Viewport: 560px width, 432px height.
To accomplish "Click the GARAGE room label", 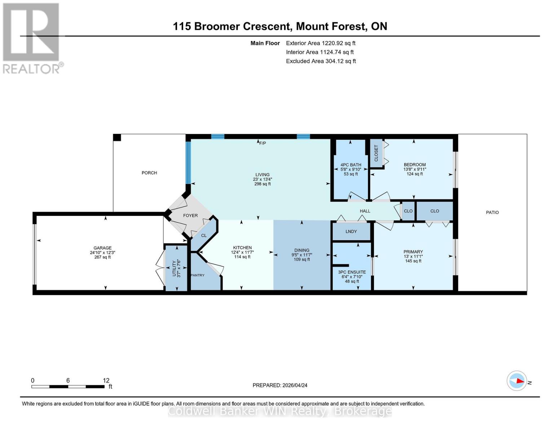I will click(102, 248).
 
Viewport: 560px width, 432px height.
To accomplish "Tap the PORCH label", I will click(149, 173).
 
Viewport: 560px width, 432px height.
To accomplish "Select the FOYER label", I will click(190, 215).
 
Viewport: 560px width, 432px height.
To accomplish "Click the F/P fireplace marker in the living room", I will click(263, 143).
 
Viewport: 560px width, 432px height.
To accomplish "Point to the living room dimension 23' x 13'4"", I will click(263, 179).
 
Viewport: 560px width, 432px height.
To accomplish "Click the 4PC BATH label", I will click(351, 165).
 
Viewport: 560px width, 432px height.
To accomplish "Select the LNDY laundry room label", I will click(351, 231).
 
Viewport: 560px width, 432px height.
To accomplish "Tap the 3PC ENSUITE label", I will click(352, 272).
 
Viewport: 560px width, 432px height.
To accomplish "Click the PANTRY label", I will click(197, 275).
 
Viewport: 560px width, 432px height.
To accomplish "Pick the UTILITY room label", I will click(174, 268).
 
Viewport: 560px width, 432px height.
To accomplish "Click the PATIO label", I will click(492, 212).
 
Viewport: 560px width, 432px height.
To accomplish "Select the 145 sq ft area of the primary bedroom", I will click(413, 261).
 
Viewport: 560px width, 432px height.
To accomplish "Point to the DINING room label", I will click(302, 250).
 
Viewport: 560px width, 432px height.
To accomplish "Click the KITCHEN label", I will click(242, 248).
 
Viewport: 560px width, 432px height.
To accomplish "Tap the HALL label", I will click(365, 211).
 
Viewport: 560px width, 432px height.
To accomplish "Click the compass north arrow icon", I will click(517, 381).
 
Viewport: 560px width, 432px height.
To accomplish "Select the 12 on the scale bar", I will click(106, 381).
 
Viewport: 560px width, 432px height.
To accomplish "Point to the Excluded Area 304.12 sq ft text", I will click(321, 61).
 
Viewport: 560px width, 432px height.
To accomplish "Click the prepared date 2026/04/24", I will click(280, 385).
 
